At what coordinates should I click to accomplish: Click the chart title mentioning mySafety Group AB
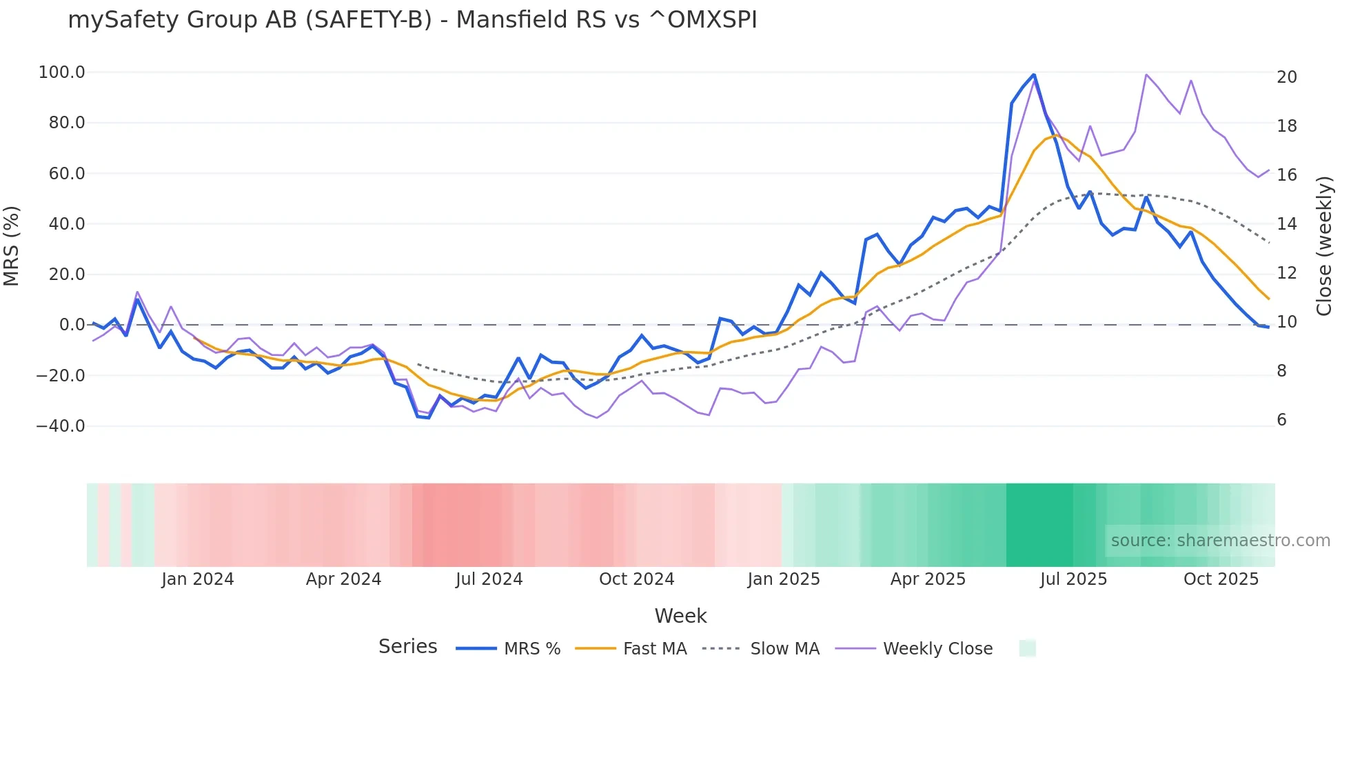pyautogui.click(x=412, y=20)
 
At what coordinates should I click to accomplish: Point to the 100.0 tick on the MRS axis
pyautogui.click(x=61, y=72)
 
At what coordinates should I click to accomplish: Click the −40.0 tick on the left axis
pyautogui.click(x=60, y=426)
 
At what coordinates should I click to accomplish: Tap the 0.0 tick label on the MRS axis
pyautogui.click(x=72, y=325)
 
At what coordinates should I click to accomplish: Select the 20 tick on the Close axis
pyautogui.click(x=1287, y=77)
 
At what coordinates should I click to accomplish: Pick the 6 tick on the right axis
pyautogui.click(x=1281, y=420)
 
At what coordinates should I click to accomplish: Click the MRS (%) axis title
pyautogui.click(x=12, y=246)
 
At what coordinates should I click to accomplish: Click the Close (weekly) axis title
pyautogui.click(x=1324, y=246)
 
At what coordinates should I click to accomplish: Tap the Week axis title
pyautogui.click(x=680, y=616)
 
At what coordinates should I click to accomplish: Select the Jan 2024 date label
pyautogui.click(x=198, y=579)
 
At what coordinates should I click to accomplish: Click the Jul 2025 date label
pyautogui.click(x=1073, y=579)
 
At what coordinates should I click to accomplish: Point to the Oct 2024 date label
pyautogui.click(x=636, y=579)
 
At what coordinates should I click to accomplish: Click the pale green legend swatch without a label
pyautogui.click(x=1027, y=648)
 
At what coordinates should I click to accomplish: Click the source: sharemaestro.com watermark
pyautogui.click(x=1220, y=541)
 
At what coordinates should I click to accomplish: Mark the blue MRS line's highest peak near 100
pyautogui.click(x=1034, y=74)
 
